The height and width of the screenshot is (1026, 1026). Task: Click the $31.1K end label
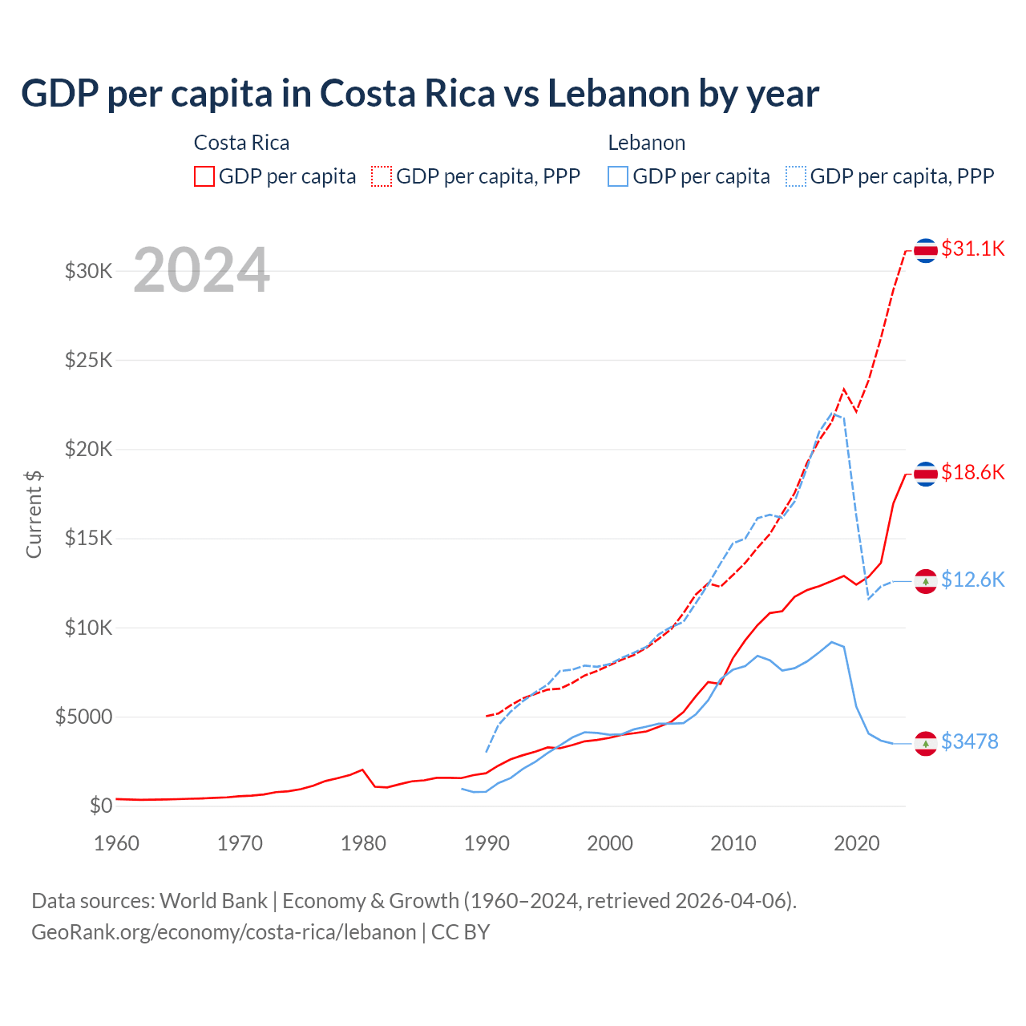[972, 249]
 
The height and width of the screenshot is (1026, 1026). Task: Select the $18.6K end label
[972, 473]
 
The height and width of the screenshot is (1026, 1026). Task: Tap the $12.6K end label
[972, 580]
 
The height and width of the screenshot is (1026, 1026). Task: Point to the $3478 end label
[970, 742]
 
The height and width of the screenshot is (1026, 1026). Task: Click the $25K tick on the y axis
[89, 360]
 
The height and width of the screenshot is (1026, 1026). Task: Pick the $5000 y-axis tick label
[84, 717]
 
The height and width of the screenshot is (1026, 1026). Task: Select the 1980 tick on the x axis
[363, 843]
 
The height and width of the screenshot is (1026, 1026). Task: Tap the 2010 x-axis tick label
[733, 843]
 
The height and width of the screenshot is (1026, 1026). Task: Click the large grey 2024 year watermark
[201, 271]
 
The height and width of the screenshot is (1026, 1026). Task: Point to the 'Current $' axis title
[34, 514]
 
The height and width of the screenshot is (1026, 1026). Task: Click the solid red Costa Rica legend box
[204, 176]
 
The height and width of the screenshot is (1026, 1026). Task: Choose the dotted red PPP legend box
[382, 176]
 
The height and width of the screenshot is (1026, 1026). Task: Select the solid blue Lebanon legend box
[618, 176]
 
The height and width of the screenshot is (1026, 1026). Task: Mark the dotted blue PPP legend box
[796, 176]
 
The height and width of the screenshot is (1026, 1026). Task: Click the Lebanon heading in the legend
[647, 143]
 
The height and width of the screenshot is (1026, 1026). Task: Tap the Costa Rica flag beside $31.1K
[926, 250]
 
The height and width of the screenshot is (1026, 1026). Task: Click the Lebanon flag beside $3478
[926, 744]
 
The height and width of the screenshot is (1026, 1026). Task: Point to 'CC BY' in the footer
[461, 932]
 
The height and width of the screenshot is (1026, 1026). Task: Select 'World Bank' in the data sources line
[213, 901]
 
